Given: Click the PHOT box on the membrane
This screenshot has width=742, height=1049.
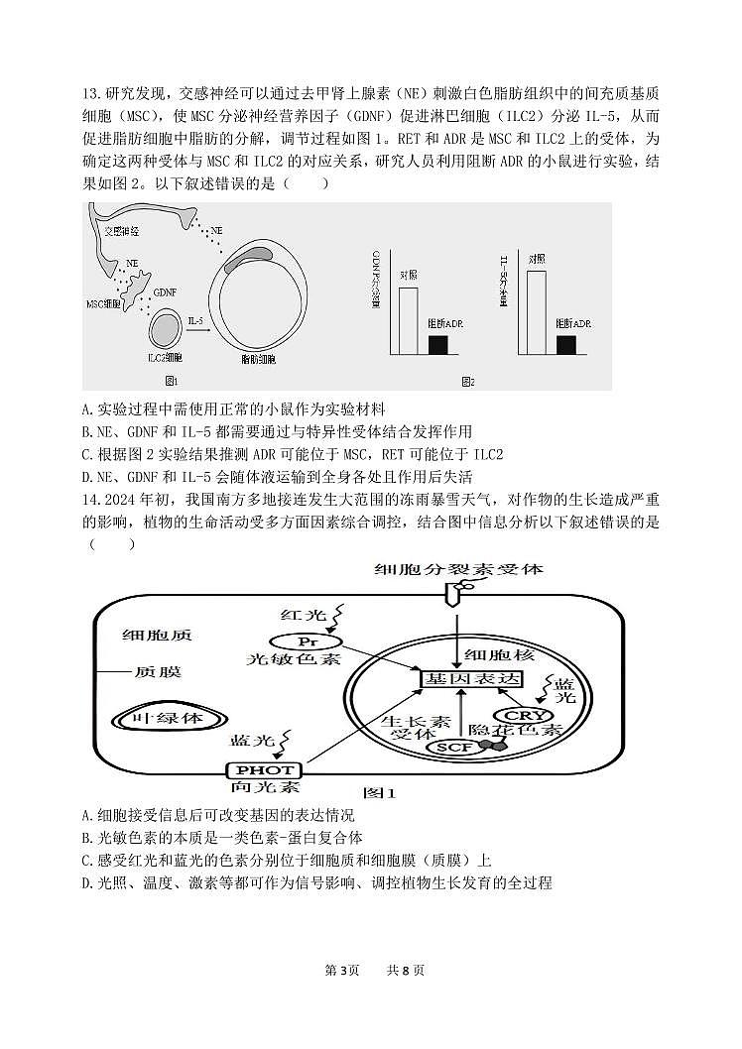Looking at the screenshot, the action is coord(262,769).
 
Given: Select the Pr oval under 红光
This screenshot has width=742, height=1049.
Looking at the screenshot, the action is coord(300,642).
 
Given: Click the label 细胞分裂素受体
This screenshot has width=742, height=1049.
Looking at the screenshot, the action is coord(458,570).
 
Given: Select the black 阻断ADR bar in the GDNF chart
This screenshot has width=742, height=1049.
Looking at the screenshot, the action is coord(437,344).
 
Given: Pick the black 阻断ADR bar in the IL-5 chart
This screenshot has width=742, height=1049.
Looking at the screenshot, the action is coord(566,344).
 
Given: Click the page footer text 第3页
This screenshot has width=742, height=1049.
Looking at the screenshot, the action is coord(342,970).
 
